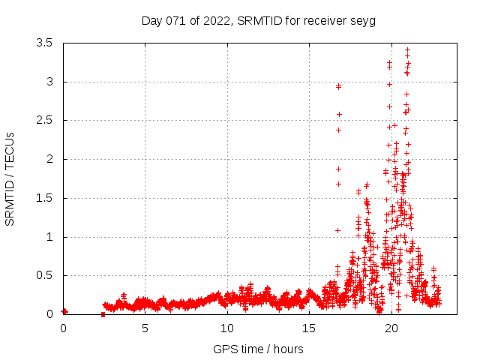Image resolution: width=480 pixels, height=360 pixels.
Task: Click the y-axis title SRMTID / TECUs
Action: click(x=10, y=178)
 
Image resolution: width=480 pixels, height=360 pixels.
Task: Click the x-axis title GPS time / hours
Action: click(x=258, y=349)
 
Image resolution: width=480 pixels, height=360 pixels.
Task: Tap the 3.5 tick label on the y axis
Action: click(x=45, y=43)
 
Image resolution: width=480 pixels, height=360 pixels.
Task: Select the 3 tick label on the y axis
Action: click(x=49, y=82)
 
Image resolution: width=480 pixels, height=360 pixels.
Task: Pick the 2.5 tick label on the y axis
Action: click(x=45, y=121)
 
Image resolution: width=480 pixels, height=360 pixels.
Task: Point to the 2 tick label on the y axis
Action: click(x=49, y=159)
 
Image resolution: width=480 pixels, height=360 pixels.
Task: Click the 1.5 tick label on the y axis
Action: click(x=45, y=198)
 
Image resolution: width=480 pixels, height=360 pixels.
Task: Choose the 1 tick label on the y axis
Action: click(x=49, y=237)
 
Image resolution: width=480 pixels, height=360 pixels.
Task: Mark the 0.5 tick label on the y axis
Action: click(x=45, y=275)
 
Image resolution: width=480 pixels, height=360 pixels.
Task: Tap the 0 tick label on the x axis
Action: click(x=63, y=328)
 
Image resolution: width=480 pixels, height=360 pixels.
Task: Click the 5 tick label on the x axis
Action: click(x=145, y=328)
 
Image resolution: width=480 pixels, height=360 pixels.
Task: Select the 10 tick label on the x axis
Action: click(x=227, y=328)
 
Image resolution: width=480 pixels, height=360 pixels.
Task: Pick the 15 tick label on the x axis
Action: click(x=309, y=328)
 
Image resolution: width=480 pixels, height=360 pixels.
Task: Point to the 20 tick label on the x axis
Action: click(x=391, y=328)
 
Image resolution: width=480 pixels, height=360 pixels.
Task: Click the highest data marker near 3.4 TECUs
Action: click(x=407, y=50)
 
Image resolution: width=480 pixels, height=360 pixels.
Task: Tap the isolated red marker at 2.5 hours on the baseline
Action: click(x=103, y=314)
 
